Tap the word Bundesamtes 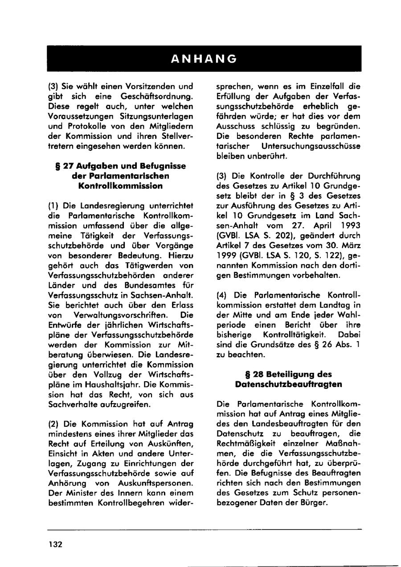149,285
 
